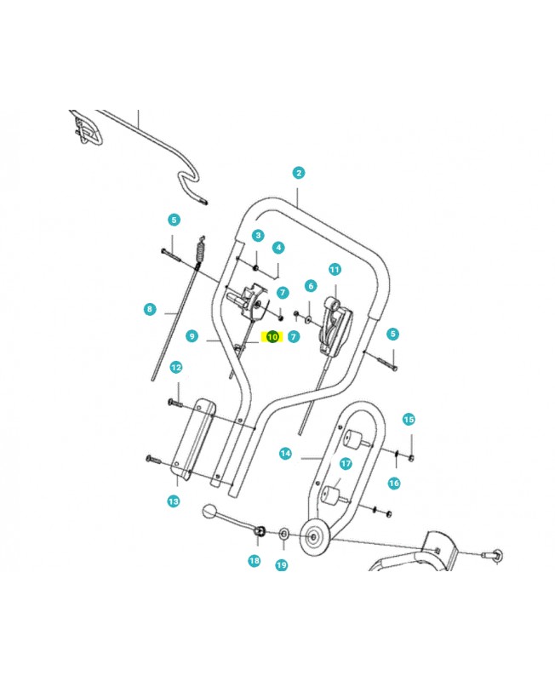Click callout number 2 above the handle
(x=298, y=173)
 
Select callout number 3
(x=258, y=236)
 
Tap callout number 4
(x=278, y=248)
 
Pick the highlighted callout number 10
(x=272, y=336)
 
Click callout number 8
(x=150, y=309)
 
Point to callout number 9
(x=192, y=335)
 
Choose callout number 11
(x=335, y=270)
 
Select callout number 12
(x=176, y=368)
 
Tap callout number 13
(x=174, y=501)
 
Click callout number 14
(x=285, y=454)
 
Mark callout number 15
(x=409, y=420)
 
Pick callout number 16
(x=394, y=483)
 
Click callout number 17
(x=346, y=463)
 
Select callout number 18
(x=255, y=561)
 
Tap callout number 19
(x=282, y=565)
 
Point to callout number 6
(x=311, y=286)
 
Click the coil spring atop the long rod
(x=200, y=252)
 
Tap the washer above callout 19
(x=284, y=533)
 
